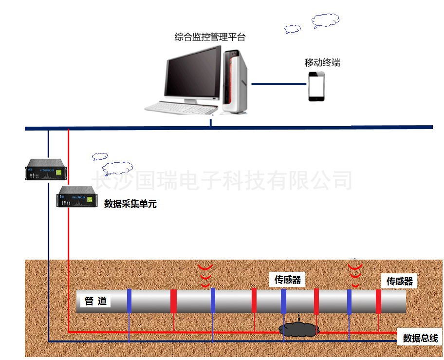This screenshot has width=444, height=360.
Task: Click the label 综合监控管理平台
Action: click(210, 37)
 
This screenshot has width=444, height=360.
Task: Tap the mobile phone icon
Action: click(316, 86)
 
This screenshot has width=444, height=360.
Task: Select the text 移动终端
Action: click(322, 62)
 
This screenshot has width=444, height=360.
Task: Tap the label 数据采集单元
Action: click(130, 204)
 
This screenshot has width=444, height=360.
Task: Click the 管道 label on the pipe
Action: click(95, 301)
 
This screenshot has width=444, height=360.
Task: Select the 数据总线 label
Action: click(420, 338)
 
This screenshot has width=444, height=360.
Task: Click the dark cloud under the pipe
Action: click(298, 329)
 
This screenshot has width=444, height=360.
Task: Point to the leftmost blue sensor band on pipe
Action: click(129, 301)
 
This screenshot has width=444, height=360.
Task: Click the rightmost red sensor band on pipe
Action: click(378, 301)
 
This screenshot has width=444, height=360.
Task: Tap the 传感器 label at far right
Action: click(399, 281)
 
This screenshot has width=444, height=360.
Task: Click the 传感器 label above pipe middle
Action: click(287, 280)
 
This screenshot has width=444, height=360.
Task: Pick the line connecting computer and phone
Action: click(279, 84)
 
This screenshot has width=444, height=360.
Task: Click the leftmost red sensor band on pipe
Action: click(173, 301)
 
